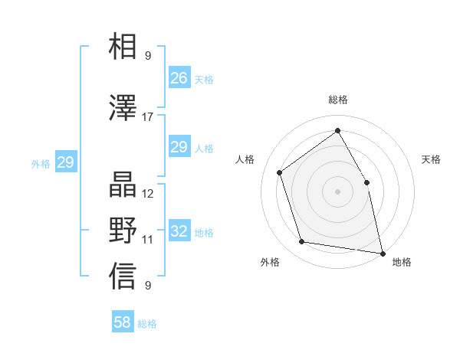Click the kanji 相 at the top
pyautogui.click(x=123, y=47)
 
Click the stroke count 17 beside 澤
pyautogui.click(x=147, y=117)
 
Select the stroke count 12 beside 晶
pyautogui.click(x=147, y=193)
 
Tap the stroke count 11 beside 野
pyautogui.click(x=147, y=239)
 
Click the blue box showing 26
pyautogui.click(x=179, y=78)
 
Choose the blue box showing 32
pyautogui.click(x=179, y=231)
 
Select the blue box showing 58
pyautogui.click(x=123, y=322)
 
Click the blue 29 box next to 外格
pyautogui.click(x=65, y=162)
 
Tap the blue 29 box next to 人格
pyautogui.click(x=179, y=147)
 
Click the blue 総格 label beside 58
pyautogui.click(x=147, y=324)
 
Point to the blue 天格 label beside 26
pyautogui.click(x=204, y=79)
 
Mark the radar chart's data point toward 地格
pyautogui.click(x=381, y=252)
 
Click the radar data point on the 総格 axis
pyautogui.click(x=337, y=131)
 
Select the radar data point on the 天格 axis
pyautogui.click(x=366, y=182)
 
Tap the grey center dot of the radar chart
pyautogui.click(x=337, y=191)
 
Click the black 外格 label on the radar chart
pyautogui.click(x=270, y=262)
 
